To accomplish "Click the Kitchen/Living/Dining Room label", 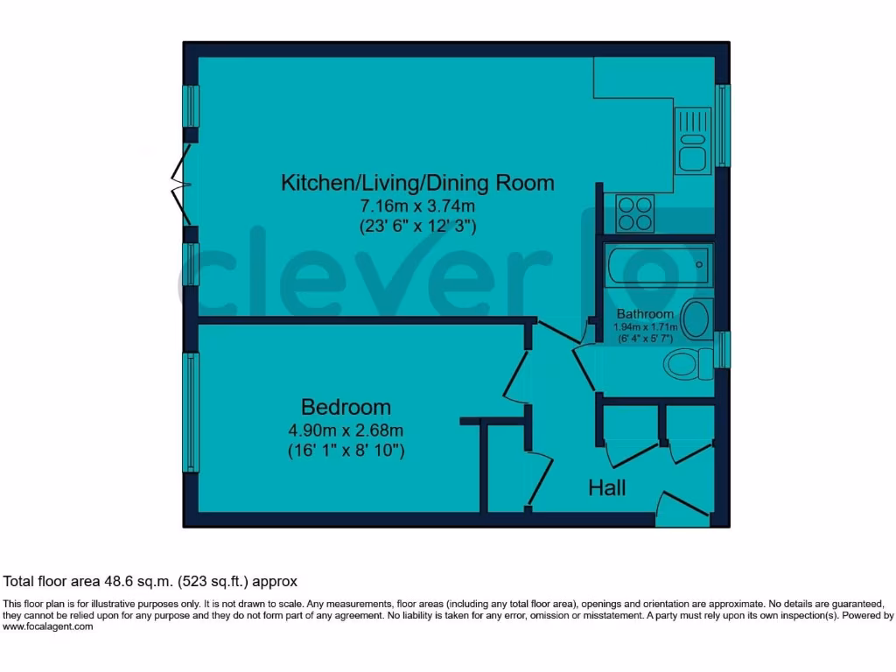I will click(417, 183).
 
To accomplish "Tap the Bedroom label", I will click(346, 407).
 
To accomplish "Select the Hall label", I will click(606, 488).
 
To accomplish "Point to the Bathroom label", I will click(645, 314).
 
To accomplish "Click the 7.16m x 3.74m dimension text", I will click(417, 206).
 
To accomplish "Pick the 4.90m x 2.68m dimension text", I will click(346, 430).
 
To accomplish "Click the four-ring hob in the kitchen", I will click(635, 213).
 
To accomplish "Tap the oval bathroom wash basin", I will click(696, 319).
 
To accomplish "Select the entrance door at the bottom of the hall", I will click(685, 507).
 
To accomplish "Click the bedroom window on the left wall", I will click(190, 411).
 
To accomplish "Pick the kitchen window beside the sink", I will click(722, 125).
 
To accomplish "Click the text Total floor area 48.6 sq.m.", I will click(150, 581).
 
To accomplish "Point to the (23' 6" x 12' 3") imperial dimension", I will click(417, 226).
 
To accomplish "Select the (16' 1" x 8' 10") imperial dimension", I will click(346, 451).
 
